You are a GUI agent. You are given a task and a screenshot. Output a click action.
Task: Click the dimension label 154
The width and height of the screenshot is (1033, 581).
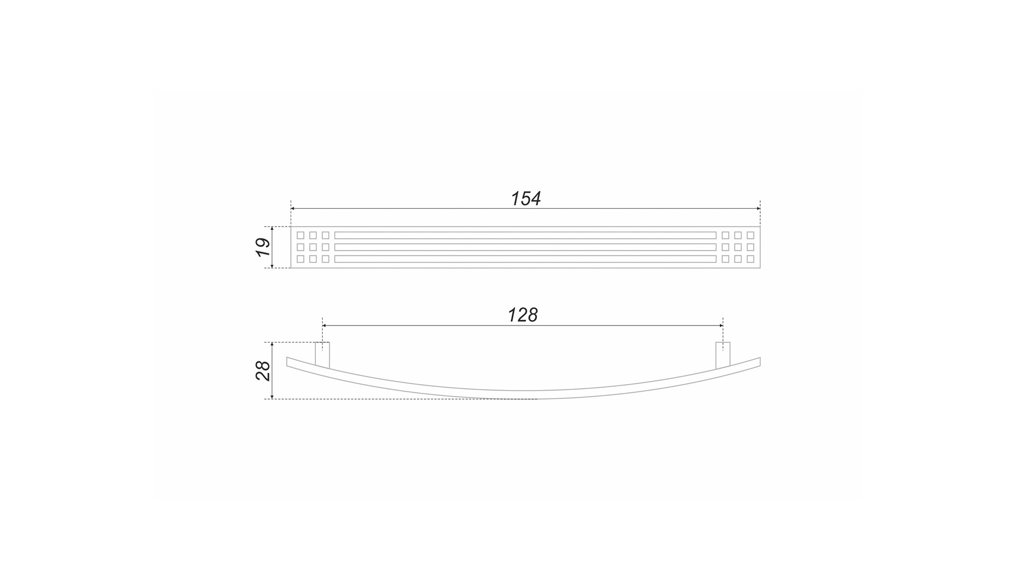point(526,199)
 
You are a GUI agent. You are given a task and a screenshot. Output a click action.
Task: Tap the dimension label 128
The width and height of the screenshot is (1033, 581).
point(522,315)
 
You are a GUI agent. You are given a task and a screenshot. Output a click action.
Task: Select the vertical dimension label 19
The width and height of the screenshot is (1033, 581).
point(263,247)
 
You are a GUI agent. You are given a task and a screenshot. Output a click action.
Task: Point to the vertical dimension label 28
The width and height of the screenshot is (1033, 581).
point(263,371)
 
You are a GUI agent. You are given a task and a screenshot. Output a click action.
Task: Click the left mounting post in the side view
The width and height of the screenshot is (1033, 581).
point(322,355)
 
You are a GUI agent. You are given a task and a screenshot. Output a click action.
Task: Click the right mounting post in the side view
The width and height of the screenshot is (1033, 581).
point(723,355)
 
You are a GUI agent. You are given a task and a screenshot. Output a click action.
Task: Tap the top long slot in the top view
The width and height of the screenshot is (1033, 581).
point(525,236)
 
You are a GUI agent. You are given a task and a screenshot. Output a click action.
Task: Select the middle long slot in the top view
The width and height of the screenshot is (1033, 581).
point(525,247)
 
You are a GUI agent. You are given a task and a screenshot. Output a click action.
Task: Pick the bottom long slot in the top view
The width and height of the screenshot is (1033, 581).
point(525,259)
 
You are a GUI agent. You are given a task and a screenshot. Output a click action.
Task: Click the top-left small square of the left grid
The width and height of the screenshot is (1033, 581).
point(300,236)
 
